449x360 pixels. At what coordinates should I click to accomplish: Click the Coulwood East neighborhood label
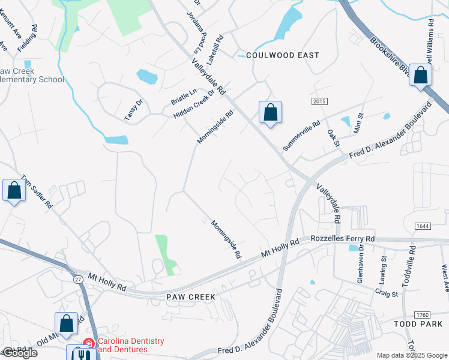[x=283, y=55]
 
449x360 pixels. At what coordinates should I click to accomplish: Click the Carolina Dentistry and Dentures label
[x=130, y=345]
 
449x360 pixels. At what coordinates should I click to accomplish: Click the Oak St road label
[x=334, y=137]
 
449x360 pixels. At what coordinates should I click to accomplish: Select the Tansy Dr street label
[x=134, y=110]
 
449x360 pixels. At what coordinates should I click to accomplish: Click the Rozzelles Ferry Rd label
[x=343, y=239]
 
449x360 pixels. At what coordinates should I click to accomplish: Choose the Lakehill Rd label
[x=214, y=50]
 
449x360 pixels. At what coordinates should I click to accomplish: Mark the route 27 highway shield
[x=79, y=279]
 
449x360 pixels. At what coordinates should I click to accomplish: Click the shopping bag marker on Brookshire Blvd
[x=420, y=76]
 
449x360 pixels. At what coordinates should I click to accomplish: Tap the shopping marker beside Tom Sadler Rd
[x=14, y=191]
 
